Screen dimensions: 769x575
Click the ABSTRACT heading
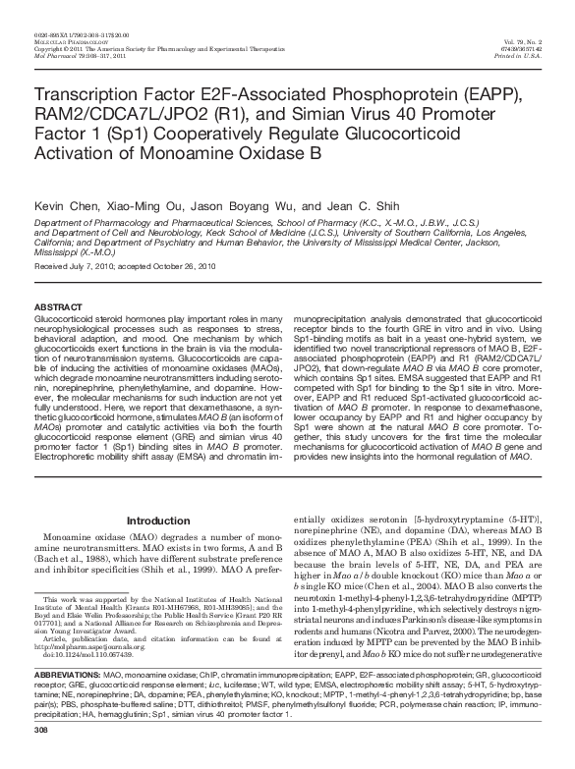click(56, 306)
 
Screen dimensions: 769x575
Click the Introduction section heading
click(158, 520)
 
